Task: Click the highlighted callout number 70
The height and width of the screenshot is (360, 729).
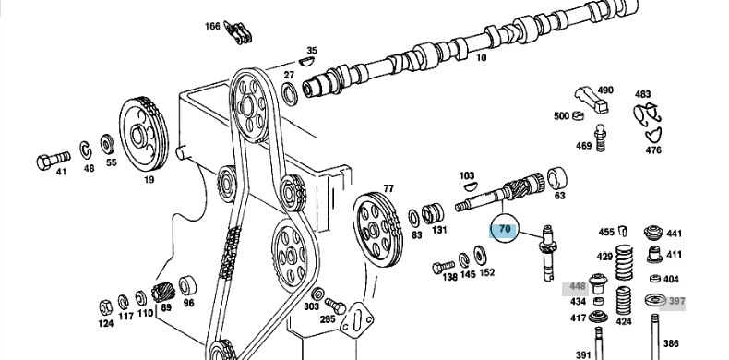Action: coord(505,229)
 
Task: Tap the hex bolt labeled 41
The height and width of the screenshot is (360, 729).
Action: coord(53,160)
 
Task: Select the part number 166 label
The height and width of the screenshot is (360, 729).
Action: coord(212,26)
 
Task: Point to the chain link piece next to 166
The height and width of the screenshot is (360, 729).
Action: coord(237,32)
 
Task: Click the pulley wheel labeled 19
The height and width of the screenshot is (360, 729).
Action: coord(144,135)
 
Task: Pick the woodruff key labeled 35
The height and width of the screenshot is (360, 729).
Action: coord(307,61)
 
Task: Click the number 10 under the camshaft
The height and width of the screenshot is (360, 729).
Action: coord(481,58)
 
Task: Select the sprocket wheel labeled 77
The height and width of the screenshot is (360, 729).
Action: coord(376,229)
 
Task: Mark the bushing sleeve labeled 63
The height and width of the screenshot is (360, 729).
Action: coord(557,178)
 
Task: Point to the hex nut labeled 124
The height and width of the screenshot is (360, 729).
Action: coord(106,307)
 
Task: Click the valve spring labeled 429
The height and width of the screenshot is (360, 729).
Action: coord(624,263)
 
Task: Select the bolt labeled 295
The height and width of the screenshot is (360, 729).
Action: coord(335,306)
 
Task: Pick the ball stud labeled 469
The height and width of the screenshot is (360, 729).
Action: coord(601,138)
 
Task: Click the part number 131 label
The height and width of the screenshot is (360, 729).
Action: coord(439,230)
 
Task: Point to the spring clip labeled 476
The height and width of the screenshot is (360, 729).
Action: coord(652,136)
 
